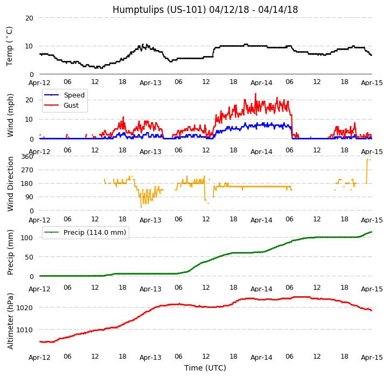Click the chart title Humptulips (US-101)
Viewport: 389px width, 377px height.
pos(205,10)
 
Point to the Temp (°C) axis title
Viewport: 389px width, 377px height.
pos(10,46)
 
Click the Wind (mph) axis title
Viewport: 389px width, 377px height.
pos(10,115)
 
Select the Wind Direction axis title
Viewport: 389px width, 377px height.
pos(10,184)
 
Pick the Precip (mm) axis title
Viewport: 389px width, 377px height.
pos(10,252)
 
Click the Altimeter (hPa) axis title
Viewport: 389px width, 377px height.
pos(10,321)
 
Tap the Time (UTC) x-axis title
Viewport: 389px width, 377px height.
pos(205,368)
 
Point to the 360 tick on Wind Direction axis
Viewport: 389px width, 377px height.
pos(27,156)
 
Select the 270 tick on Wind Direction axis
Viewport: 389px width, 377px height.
pos(27,170)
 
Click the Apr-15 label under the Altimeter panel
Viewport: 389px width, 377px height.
pos(371,357)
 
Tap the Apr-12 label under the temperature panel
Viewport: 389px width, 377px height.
pos(39,83)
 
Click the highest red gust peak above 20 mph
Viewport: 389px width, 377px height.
pos(255,94)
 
